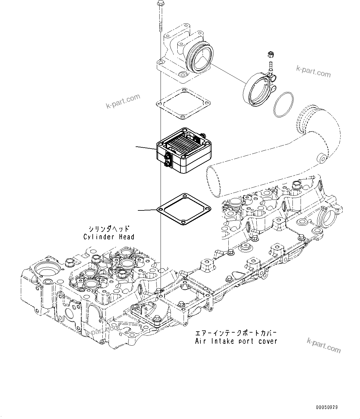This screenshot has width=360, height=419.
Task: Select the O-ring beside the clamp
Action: click(x=283, y=104)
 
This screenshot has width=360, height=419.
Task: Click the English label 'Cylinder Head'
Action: click(x=109, y=237)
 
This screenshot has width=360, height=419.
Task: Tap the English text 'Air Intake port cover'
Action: click(x=236, y=341)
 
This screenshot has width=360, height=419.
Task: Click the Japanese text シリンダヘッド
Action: click(x=109, y=229)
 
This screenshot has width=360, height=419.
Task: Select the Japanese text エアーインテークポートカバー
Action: click(x=236, y=333)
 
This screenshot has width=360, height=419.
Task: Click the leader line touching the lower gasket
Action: click(x=147, y=210)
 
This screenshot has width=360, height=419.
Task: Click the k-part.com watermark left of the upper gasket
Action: click(x=123, y=102)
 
